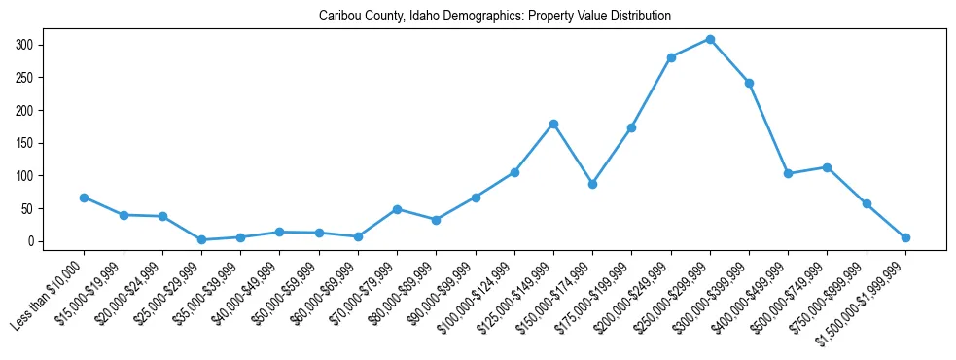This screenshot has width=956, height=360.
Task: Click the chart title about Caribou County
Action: (494, 17)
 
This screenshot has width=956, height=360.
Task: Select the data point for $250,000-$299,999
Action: (710, 39)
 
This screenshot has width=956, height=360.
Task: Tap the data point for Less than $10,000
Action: (85, 198)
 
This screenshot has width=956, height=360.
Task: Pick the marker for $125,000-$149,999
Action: (553, 124)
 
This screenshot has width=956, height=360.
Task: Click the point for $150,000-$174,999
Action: (592, 184)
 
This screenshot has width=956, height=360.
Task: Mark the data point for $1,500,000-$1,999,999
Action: (905, 237)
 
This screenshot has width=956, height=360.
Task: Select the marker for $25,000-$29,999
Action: (201, 239)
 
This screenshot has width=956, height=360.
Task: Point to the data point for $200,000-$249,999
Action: (671, 57)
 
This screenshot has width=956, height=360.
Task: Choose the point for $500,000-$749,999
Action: (827, 167)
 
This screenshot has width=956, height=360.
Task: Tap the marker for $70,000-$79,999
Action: (397, 209)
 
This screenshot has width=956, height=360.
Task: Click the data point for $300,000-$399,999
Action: (749, 83)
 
